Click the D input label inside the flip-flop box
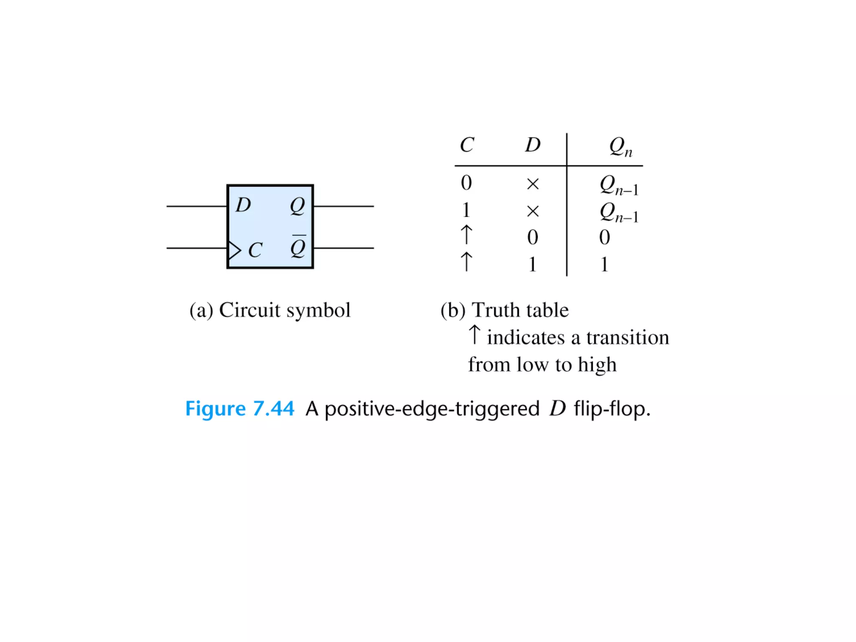pos(243,205)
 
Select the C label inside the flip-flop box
pos(255,250)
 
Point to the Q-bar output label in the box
pos(298,247)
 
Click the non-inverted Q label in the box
pos(298,206)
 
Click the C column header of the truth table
pos(467,145)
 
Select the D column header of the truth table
pos(533,145)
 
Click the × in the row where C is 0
pos(533,184)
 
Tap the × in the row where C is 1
pos(533,211)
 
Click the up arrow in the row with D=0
pos(466,235)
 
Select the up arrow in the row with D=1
pos(466,262)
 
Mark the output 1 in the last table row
pos(604,265)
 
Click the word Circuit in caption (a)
pos(250,310)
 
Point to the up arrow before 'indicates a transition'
pos(474,335)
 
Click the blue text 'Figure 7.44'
pos(239,408)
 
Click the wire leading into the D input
pos(196,206)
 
